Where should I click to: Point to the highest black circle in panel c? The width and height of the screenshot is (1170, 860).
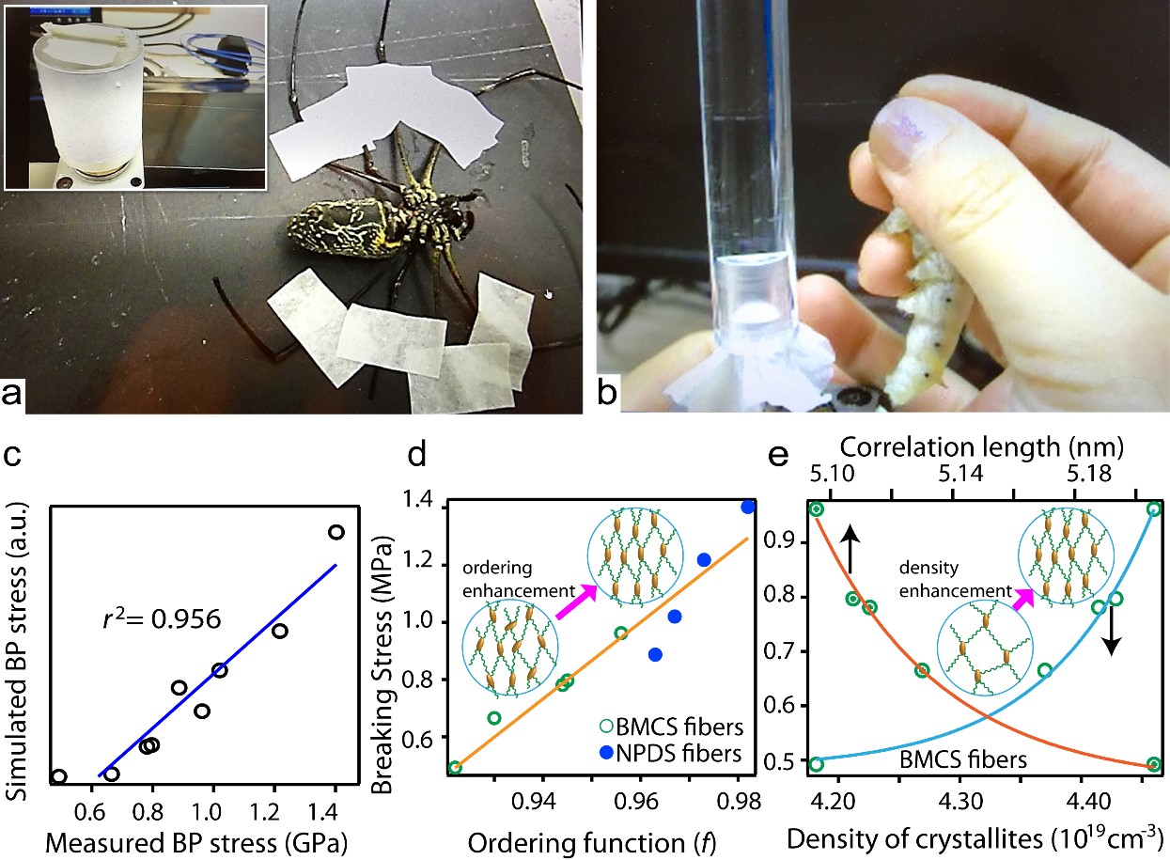click(335, 532)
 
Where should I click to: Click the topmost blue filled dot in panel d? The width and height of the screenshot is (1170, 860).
click(747, 507)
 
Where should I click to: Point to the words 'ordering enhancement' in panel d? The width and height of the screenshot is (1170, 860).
click(507, 581)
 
